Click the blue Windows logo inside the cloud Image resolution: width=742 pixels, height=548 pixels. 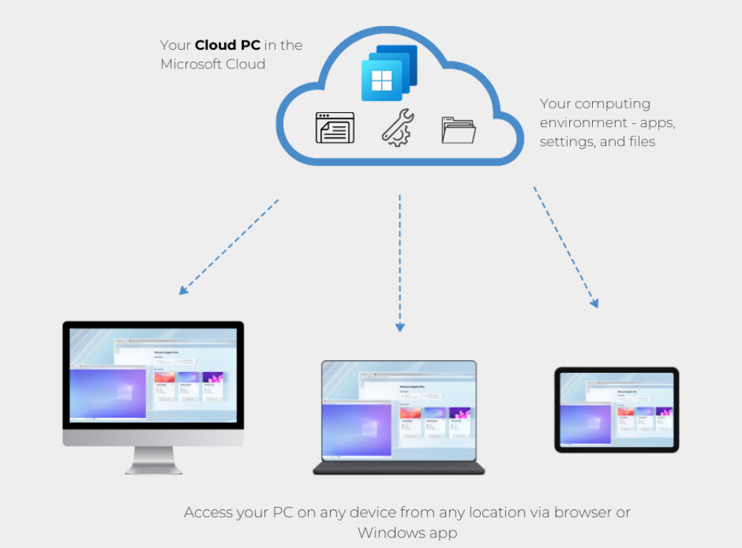[381, 80]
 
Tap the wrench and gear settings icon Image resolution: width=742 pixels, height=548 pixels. [398, 127]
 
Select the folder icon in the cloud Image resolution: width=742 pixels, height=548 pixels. [458, 130]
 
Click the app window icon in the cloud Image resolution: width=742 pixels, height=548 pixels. [335, 128]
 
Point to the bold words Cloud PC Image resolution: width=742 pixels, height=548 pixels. [227, 45]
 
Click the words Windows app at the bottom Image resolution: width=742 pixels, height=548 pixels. [407, 532]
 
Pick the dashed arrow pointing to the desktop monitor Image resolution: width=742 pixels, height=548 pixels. [229, 247]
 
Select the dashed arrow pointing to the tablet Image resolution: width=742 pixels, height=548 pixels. [565, 247]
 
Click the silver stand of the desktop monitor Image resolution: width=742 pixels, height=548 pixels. [154, 460]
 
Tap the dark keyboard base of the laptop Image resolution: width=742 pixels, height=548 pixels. [398, 469]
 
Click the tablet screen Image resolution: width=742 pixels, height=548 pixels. [617, 409]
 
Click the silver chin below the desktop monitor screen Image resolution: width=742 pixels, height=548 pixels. [153, 439]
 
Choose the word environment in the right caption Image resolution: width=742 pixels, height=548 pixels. [582, 123]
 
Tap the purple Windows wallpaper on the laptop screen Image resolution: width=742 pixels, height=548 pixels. [358, 428]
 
